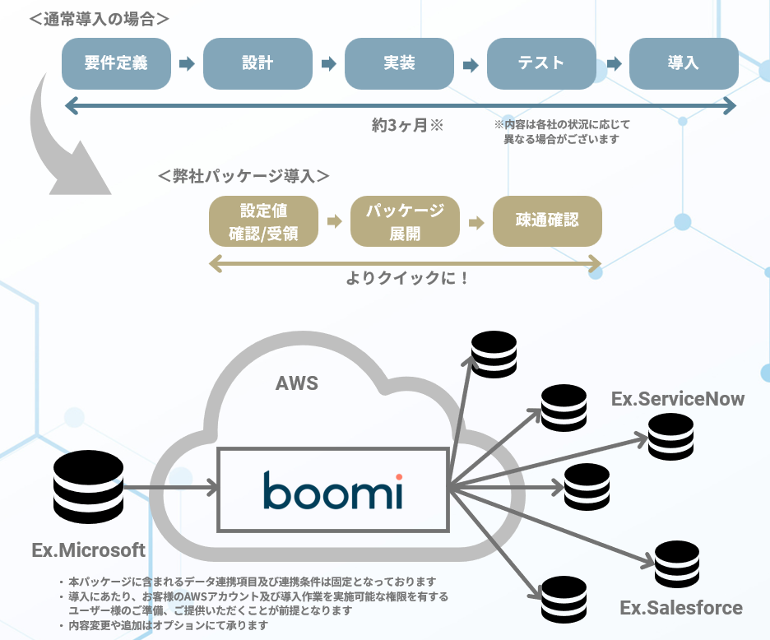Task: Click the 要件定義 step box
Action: pyautogui.click(x=116, y=63)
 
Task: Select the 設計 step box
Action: pyautogui.click(x=257, y=63)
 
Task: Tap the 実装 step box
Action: pyautogui.click(x=399, y=63)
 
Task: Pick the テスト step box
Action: pyautogui.click(x=541, y=63)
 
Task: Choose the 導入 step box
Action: pyautogui.click(x=683, y=63)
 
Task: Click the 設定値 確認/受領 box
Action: pyautogui.click(x=263, y=221)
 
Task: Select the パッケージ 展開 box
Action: pyautogui.click(x=405, y=221)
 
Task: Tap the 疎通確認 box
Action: pyautogui.click(x=547, y=221)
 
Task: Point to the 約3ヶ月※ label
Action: pyautogui.click(x=407, y=126)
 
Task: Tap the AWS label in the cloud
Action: pyautogui.click(x=296, y=383)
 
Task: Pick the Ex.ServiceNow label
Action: pyautogui.click(x=678, y=400)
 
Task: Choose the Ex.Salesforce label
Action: pyautogui.click(x=681, y=609)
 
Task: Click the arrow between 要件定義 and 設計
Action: pyautogui.click(x=187, y=63)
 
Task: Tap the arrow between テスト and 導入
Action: pyautogui.click(x=613, y=63)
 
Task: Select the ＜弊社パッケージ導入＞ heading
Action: pyautogui.click(x=244, y=176)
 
